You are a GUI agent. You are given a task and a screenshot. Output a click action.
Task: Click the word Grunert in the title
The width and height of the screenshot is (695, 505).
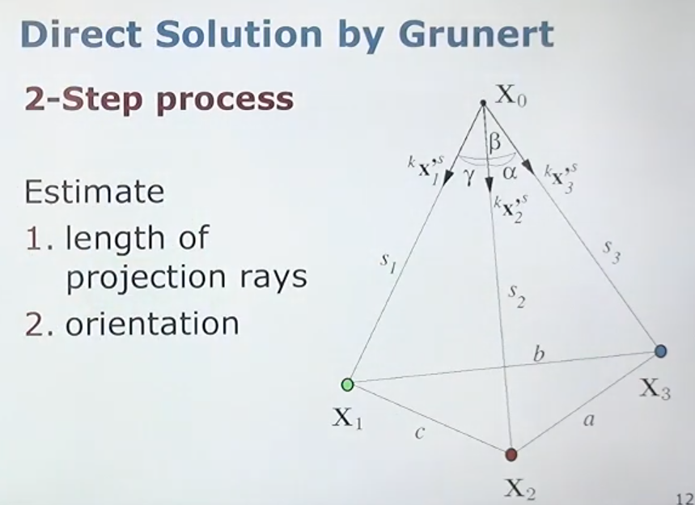click(476, 34)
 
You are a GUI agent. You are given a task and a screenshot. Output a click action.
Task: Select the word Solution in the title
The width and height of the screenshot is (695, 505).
click(239, 34)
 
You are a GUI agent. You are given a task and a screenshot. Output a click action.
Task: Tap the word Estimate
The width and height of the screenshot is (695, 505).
click(94, 192)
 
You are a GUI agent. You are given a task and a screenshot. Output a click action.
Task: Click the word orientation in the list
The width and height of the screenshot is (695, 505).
click(152, 324)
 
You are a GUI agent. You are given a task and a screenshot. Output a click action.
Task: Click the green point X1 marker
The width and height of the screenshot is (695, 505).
click(348, 385)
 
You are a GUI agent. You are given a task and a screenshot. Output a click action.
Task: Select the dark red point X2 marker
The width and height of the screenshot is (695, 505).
click(511, 455)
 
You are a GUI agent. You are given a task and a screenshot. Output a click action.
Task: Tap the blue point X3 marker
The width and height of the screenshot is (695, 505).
click(660, 351)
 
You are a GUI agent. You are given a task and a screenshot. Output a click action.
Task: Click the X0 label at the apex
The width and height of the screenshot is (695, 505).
click(511, 95)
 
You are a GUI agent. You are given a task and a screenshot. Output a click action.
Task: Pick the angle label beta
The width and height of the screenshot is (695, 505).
click(495, 142)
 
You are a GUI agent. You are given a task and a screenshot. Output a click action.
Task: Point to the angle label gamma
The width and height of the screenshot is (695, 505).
click(468, 177)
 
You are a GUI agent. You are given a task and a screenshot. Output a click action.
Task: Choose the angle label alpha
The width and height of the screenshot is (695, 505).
click(510, 172)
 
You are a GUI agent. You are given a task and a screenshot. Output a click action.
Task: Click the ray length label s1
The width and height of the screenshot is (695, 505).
click(388, 263)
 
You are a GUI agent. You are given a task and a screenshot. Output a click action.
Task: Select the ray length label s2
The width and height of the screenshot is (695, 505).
click(517, 295)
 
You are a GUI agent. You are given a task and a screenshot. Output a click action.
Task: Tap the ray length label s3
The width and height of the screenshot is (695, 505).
click(612, 252)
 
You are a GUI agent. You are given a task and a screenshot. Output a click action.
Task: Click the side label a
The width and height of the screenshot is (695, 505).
click(588, 419)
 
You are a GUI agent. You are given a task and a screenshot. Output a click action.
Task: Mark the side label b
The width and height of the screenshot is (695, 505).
click(539, 354)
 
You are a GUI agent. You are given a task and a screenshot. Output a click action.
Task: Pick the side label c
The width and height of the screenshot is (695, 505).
click(420, 433)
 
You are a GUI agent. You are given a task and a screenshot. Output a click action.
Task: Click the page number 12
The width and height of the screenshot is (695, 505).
click(685, 499)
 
